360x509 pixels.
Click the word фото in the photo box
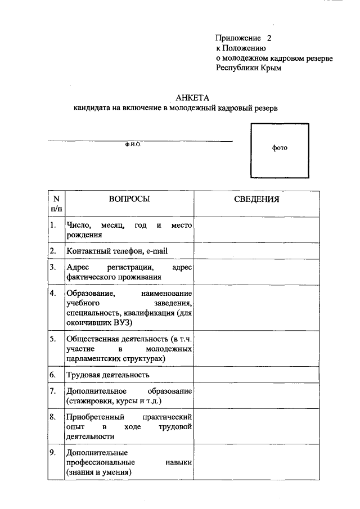(280, 148)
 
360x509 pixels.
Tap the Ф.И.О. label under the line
(133, 145)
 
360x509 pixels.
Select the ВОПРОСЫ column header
(129, 199)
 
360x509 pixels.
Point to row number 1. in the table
(53, 226)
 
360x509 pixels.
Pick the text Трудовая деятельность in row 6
(107, 375)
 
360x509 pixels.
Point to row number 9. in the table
(53, 453)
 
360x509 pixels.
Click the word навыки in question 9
(179, 462)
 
